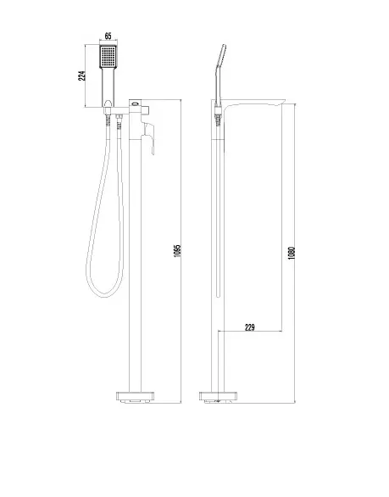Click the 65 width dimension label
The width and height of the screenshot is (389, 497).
point(108,36)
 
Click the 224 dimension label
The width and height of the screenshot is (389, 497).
point(81,75)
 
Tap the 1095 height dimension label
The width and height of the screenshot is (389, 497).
point(177,251)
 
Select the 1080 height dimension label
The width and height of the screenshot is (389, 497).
point(292,254)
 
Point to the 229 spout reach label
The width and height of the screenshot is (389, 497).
point(250,327)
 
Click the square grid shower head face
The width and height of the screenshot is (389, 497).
point(108,57)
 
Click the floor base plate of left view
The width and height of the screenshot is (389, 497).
point(136,397)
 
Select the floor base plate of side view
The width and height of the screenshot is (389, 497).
point(218,397)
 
